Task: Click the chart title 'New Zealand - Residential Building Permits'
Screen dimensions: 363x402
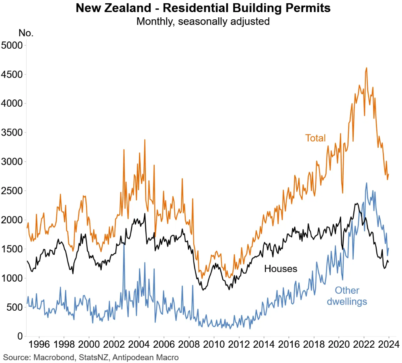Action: click(203, 8)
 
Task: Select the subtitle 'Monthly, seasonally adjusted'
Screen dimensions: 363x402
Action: click(203, 21)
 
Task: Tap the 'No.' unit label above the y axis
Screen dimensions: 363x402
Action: click(26, 33)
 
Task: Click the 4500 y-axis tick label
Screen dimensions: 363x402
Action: click(12, 74)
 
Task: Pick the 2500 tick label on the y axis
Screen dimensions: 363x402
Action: click(12, 191)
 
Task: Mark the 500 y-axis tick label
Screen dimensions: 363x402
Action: click(14, 307)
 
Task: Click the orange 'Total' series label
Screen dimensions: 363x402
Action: click(315, 138)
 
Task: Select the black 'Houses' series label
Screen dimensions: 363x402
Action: click(281, 268)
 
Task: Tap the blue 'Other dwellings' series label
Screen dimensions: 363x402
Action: click(347, 296)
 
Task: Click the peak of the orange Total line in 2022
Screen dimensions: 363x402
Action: click(366, 68)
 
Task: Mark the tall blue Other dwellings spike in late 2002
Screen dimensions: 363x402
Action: click(124, 244)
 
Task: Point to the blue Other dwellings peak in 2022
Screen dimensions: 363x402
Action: click(366, 183)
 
